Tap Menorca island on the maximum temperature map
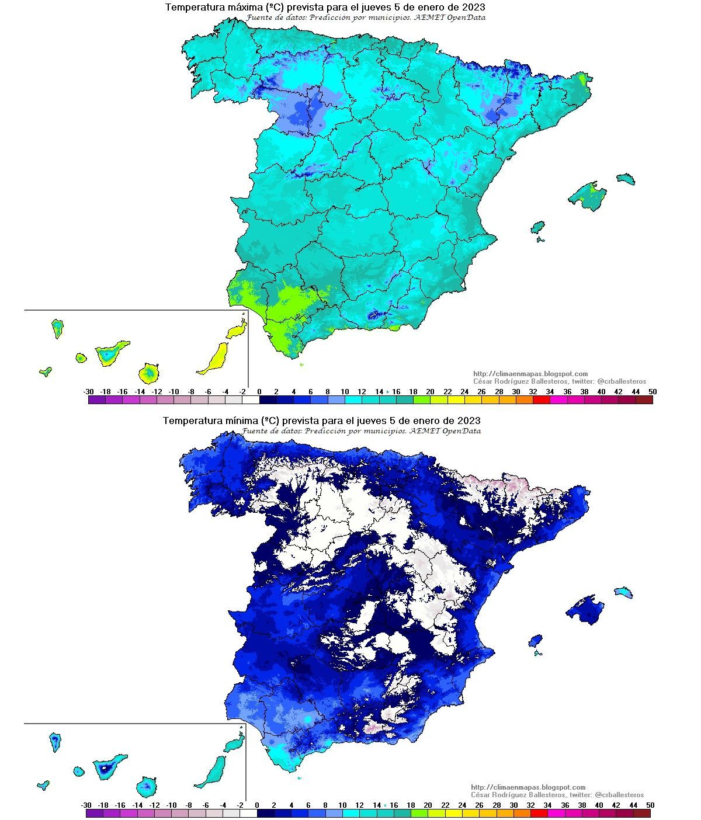(625, 178)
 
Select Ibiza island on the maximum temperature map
(537, 227)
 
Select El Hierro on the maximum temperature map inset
(45, 371)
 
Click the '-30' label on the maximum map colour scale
(88, 391)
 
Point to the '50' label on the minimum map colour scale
(650, 805)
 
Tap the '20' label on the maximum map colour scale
(430, 391)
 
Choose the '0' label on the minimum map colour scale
(257, 805)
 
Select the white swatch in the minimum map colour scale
(248, 813)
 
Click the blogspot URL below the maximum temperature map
(530, 374)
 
